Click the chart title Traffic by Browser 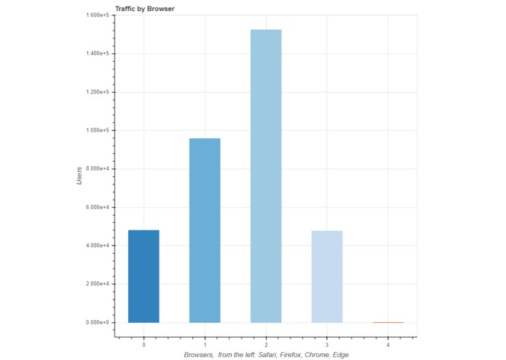(x=144, y=8)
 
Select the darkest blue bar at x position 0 (x=143, y=276)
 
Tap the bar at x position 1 (x=205, y=230)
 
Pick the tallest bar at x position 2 (x=266, y=176)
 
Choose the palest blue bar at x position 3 (x=327, y=276)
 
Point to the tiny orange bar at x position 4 (x=388, y=322)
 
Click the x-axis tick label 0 (x=143, y=344)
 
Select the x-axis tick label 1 (x=205, y=344)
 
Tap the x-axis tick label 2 (x=266, y=344)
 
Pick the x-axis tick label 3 (x=327, y=344)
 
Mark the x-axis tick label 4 (x=388, y=344)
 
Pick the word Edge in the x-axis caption (x=339, y=355)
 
